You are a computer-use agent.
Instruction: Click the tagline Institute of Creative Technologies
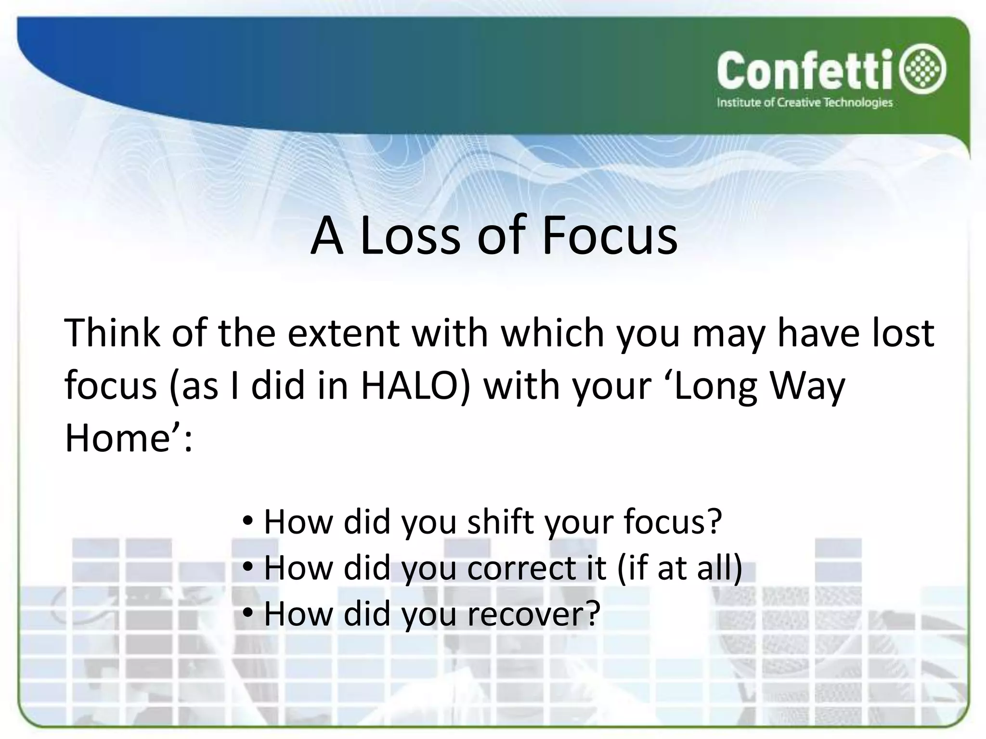804,103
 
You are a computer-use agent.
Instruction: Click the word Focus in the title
610,236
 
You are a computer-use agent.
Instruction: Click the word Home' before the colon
122,438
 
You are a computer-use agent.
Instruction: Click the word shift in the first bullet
501,522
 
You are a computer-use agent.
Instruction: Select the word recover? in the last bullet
534,614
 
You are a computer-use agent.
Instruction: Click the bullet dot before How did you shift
247,521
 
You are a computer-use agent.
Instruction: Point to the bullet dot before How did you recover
247,613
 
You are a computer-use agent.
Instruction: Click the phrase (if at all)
679,568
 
